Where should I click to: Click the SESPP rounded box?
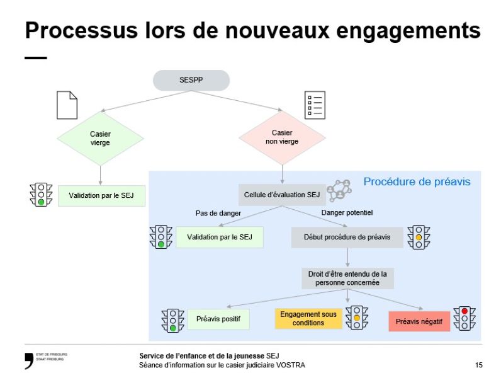tap(191, 80)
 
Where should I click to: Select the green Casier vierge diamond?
tap(100, 138)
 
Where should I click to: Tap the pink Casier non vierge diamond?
tap(282, 137)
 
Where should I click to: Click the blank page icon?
tap(67, 105)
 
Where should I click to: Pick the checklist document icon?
tap(314, 105)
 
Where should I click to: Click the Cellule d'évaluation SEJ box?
tap(281, 195)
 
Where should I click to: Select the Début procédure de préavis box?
tap(347, 238)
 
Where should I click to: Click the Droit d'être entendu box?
tap(347, 278)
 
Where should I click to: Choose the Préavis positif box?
tap(218, 319)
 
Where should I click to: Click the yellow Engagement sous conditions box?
tap(308, 319)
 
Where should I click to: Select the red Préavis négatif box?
tap(419, 321)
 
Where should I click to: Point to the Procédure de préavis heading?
tap(417, 182)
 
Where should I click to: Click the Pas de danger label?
tap(218, 214)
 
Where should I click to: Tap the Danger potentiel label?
tap(347, 213)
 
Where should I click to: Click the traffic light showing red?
tap(464, 319)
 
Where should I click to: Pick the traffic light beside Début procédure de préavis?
tap(418, 238)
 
